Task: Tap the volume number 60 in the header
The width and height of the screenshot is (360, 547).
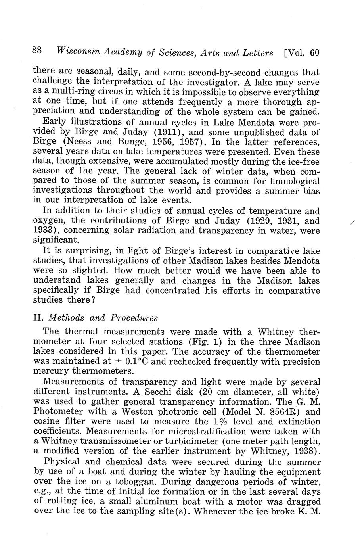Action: click(314, 52)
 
